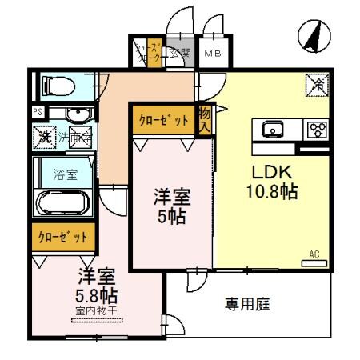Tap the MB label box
tap(212, 54)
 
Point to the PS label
tap(38, 111)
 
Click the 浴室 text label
tap(63, 172)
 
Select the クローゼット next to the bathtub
tap(63, 238)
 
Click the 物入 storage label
tap(204, 120)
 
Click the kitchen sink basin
tap(270, 129)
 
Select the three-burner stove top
tap(317, 129)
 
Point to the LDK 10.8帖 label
tap(275, 182)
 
